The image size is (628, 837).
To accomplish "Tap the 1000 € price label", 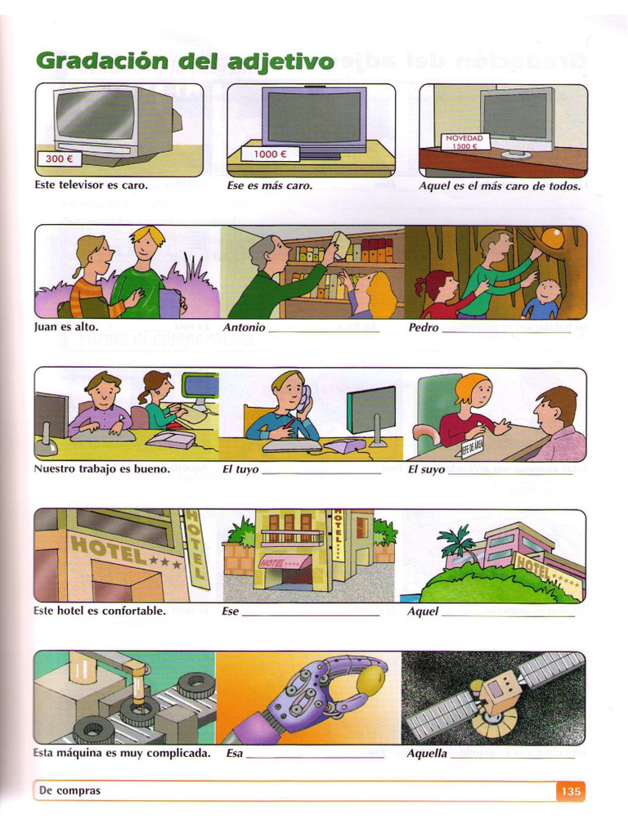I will click(x=270, y=154).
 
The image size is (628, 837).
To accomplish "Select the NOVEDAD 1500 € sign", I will click(x=464, y=142).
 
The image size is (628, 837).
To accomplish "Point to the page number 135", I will click(x=571, y=791).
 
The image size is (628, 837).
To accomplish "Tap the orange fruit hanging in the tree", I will click(x=553, y=238).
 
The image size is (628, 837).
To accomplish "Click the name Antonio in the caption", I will click(x=244, y=328).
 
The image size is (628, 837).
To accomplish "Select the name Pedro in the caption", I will click(x=424, y=328).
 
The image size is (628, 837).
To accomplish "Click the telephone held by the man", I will click(x=303, y=398).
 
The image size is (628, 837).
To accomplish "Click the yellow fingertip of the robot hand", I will click(x=372, y=679).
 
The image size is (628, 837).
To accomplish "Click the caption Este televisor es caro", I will click(x=91, y=186).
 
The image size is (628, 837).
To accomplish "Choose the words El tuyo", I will click(x=240, y=470).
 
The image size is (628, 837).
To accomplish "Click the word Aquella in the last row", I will click(x=427, y=754).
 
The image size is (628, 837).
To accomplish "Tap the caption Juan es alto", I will click(x=66, y=328).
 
